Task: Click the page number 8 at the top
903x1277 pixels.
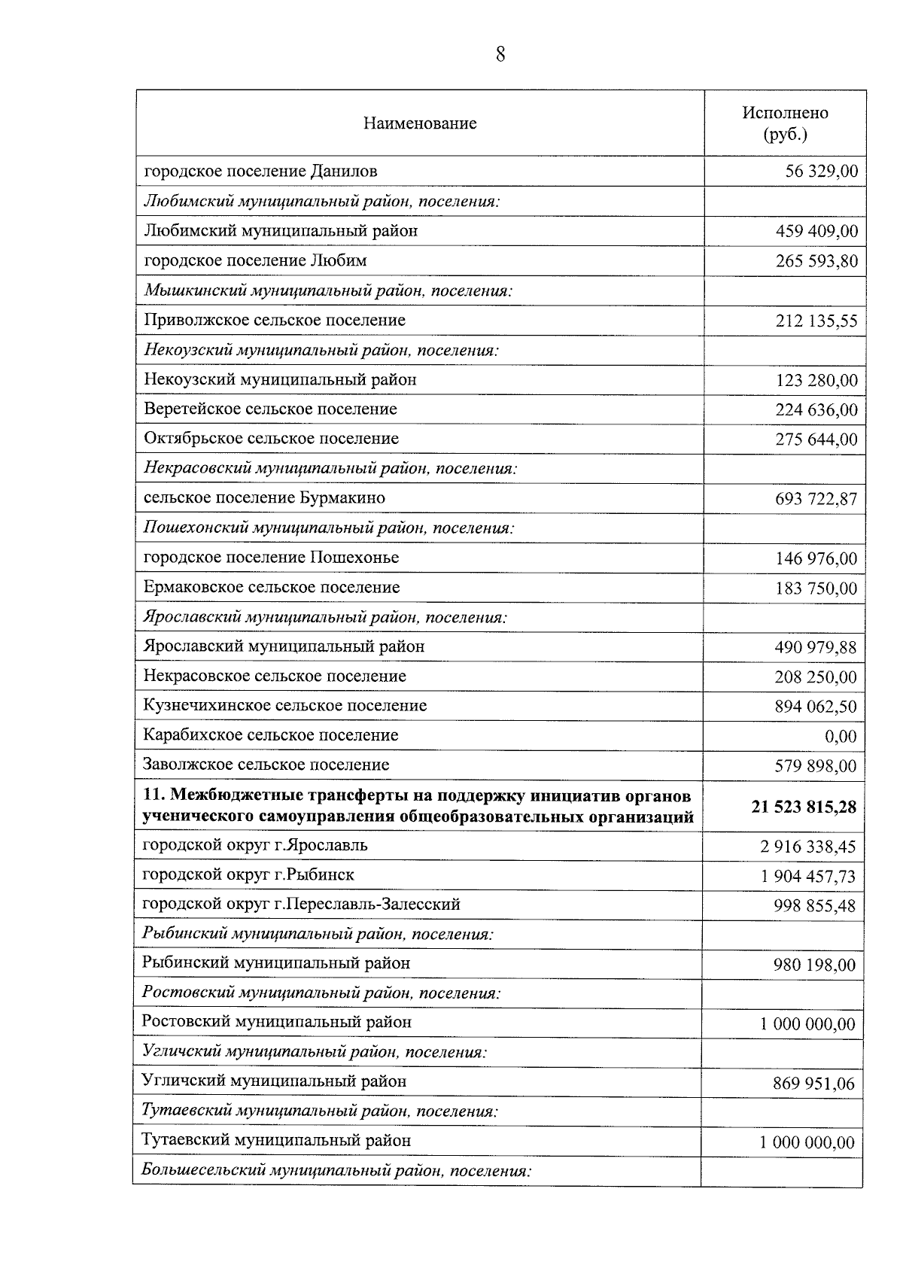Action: [x=500, y=55]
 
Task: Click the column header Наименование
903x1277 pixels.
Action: [x=420, y=123]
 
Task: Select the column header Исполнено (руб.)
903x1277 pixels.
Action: [x=785, y=123]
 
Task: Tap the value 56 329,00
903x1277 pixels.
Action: [x=821, y=172]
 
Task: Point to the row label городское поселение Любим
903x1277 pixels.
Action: [x=255, y=261]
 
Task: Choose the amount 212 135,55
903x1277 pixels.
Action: [x=816, y=321]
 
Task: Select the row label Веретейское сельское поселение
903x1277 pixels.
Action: [x=270, y=409]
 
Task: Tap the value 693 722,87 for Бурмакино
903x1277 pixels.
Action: [x=816, y=499]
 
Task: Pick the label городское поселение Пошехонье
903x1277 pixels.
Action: [x=271, y=558]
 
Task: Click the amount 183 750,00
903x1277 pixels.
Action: [x=816, y=588]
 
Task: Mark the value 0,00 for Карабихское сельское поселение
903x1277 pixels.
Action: [x=840, y=736]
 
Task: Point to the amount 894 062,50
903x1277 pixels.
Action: [x=816, y=707]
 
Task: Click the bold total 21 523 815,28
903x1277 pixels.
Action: [x=803, y=807]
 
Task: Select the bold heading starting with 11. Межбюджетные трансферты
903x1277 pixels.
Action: [x=418, y=806]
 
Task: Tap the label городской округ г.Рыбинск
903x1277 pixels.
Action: [x=248, y=875]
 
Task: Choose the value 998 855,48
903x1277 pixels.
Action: [x=815, y=906]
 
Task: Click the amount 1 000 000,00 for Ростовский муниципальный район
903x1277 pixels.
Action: [x=807, y=1024]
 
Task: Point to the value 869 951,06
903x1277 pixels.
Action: [x=814, y=1084]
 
